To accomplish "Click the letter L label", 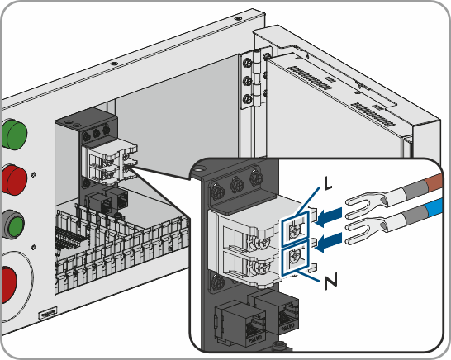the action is pyautogui.click(x=327, y=183).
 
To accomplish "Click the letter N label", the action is pyautogui.click(x=330, y=282).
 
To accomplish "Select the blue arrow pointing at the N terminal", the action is pyautogui.click(x=329, y=242).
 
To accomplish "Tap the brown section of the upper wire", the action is pyautogui.click(x=435, y=182).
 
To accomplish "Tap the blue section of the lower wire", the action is pyautogui.click(x=435, y=207).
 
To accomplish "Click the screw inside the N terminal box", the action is pyautogui.click(x=295, y=256).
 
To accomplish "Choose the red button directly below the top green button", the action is pyautogui.click(x=15, y=179).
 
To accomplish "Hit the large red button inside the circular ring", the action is pyautogui.click(x=9, y=284).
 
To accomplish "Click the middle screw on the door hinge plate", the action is pyautogui.click(x=247, y=82).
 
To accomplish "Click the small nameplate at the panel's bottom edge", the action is pyautogui.click(x=48, y=314).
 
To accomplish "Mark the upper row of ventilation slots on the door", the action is pyautogui.click(x=308, y=78).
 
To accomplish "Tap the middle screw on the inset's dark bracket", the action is pyautogui.click(x=237, y=184).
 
